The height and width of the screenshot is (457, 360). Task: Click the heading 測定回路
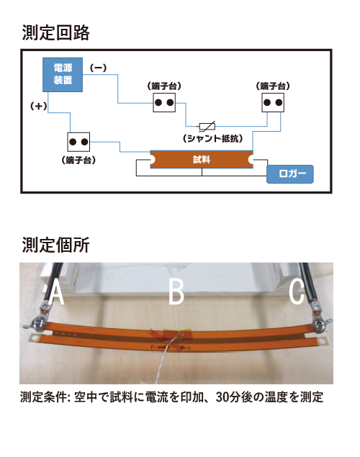(55, 32)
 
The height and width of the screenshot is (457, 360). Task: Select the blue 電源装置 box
(63, 75)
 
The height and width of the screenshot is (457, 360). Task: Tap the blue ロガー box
(290, 174)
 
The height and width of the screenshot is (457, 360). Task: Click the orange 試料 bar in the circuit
(202, 160)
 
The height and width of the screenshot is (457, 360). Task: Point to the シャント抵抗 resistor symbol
(207, 126)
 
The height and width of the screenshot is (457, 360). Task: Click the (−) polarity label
(98, 68)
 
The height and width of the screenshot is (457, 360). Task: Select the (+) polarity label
(39, 106)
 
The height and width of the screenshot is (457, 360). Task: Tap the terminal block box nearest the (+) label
(78, 142)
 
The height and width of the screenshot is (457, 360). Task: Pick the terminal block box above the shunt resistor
(164, 103)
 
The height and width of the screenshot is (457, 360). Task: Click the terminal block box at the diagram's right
(273, 103)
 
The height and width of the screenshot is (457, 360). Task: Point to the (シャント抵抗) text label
(213, 138)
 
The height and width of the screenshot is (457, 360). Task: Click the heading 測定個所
(55, 245)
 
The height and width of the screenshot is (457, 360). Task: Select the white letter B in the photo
(176, 291)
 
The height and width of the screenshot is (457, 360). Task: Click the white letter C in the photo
(297, 292)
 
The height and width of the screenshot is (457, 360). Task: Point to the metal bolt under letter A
(38, 325)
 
